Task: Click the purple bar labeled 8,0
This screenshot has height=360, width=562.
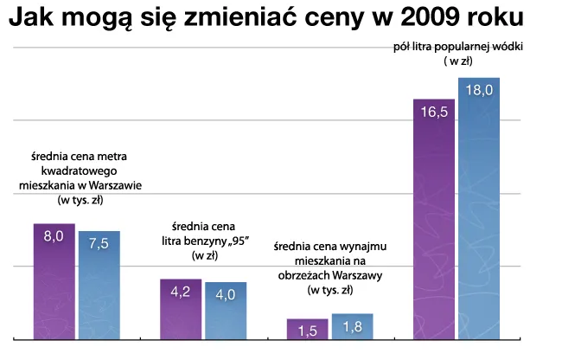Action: click(54, 281)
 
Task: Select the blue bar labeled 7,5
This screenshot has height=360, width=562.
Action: click(99, 286)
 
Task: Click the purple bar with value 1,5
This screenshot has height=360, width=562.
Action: click(307, 330)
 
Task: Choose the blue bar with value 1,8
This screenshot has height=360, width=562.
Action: click(352, 327)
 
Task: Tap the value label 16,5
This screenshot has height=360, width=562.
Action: click(434, 112)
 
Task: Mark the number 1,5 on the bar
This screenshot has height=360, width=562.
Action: click(307, 331)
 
